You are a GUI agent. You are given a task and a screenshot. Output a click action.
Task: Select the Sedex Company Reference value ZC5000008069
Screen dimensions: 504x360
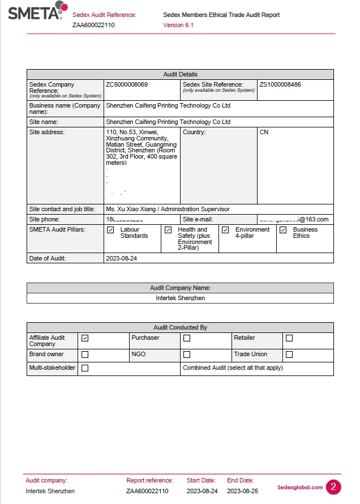tap(127, 84)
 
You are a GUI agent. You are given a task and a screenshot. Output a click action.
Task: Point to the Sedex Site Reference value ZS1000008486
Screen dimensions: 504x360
tap(280, 84)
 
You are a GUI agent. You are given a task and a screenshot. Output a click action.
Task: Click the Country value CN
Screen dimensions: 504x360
tap(264, 132)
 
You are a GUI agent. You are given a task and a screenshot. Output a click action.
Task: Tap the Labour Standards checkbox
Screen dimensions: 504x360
tap(110, 230)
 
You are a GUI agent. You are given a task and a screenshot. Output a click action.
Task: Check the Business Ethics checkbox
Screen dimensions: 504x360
tap(283, 230)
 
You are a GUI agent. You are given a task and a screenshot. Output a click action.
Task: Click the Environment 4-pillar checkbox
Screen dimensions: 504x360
tap(225, 230)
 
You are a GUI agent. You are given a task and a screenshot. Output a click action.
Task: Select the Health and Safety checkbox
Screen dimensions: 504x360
tap(168, 230)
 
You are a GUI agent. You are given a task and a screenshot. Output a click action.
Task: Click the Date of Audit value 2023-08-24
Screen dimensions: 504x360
tap(121, 258)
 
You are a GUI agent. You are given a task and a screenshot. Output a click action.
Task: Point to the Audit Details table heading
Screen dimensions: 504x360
tap(180, 74)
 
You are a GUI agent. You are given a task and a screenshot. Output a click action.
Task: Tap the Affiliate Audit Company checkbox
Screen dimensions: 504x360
tap(85, 338)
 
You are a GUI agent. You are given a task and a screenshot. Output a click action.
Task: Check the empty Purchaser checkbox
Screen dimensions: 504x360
tap(187, 338)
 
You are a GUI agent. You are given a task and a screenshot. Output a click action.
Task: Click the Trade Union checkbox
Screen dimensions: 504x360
tap(289, 354)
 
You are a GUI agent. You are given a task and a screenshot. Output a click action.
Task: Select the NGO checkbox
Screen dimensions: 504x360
tap(187, 354)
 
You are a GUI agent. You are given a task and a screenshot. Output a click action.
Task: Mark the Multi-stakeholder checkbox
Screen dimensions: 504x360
tap(85, 368)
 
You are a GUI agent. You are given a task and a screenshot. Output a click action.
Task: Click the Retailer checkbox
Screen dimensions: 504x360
tap(289, 338)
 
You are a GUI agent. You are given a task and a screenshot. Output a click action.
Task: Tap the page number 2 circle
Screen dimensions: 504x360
tap(333, 487)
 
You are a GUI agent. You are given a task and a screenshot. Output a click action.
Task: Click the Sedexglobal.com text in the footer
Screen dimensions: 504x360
tap(301, 487)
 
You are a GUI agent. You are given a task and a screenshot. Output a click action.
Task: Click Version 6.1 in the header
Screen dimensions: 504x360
tap(178, 25)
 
